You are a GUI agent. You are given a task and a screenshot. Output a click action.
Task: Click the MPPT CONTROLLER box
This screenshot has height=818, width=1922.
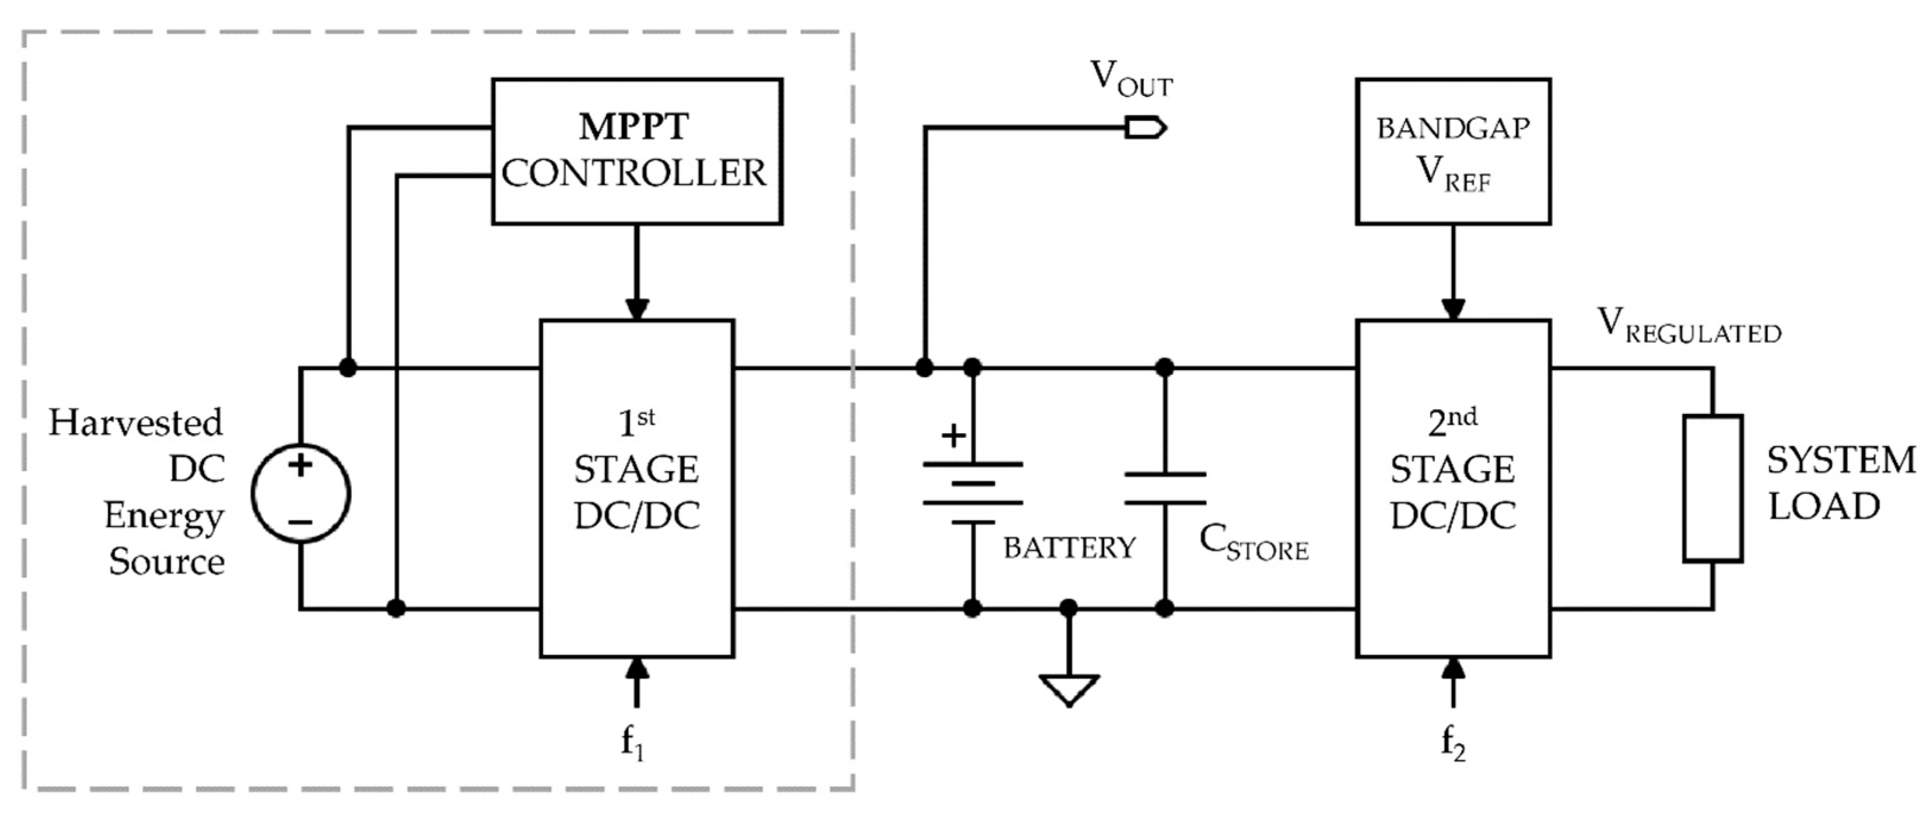click(637, 151)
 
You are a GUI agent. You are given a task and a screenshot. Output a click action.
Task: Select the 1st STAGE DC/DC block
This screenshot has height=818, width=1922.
click(637, 489)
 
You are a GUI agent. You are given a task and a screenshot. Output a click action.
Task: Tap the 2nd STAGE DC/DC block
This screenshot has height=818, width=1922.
click(1453, 489)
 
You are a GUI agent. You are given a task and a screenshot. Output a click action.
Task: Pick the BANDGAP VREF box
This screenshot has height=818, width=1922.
click(1453, 151)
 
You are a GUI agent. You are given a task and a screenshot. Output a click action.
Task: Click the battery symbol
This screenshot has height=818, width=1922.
click(972, 493)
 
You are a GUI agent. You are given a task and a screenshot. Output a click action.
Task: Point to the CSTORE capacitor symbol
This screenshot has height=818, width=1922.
click(1165, 489)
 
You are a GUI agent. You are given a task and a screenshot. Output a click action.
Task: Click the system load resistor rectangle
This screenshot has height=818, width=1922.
click(1712, 489)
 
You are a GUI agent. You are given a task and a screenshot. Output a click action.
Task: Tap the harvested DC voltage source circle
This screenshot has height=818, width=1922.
click(301, 493)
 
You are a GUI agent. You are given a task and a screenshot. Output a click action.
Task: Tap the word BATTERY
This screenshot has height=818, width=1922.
click(1068, 549)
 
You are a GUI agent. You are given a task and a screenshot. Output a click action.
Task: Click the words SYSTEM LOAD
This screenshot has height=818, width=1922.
click(1840, 484)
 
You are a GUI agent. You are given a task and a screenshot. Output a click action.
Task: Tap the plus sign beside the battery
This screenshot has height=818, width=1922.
click(954, 435)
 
